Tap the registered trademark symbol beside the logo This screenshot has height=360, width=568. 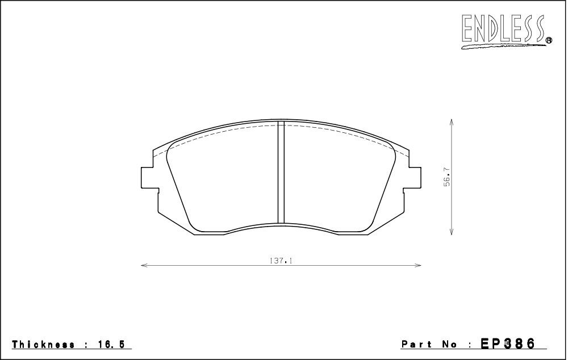549,40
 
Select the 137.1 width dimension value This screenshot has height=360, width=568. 281,261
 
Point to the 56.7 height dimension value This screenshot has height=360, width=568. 447,177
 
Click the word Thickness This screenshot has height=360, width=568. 44,345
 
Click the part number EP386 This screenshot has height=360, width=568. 507,343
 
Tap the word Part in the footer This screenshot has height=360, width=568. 417,344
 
